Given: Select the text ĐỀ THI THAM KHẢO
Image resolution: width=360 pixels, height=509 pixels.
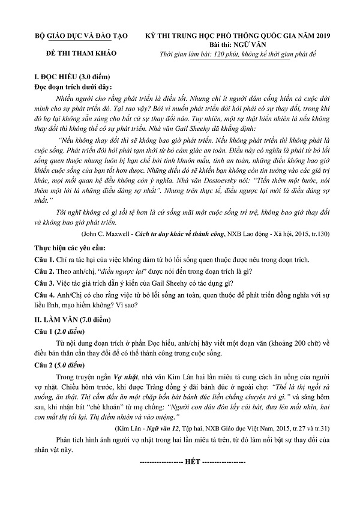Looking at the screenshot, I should pos(73,56).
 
